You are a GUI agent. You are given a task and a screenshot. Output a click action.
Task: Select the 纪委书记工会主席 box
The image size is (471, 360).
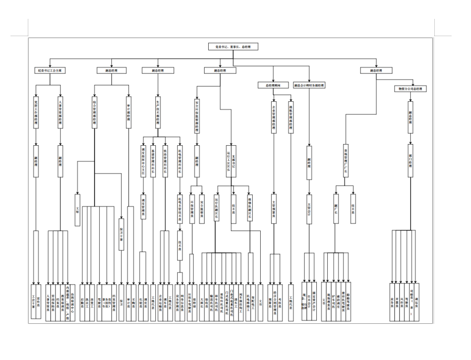49,70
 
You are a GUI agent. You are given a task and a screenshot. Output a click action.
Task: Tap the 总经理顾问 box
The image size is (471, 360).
273,85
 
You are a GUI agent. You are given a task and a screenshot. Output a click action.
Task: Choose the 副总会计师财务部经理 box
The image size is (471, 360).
309,85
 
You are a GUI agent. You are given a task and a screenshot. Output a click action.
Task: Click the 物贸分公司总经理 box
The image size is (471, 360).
411,89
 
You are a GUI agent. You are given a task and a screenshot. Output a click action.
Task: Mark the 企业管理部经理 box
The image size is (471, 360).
273,118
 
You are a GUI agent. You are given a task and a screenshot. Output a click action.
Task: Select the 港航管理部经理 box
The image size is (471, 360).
291,118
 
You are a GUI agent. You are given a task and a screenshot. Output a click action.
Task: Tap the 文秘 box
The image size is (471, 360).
77,210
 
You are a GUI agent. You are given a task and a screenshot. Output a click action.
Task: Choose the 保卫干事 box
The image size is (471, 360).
121,233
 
